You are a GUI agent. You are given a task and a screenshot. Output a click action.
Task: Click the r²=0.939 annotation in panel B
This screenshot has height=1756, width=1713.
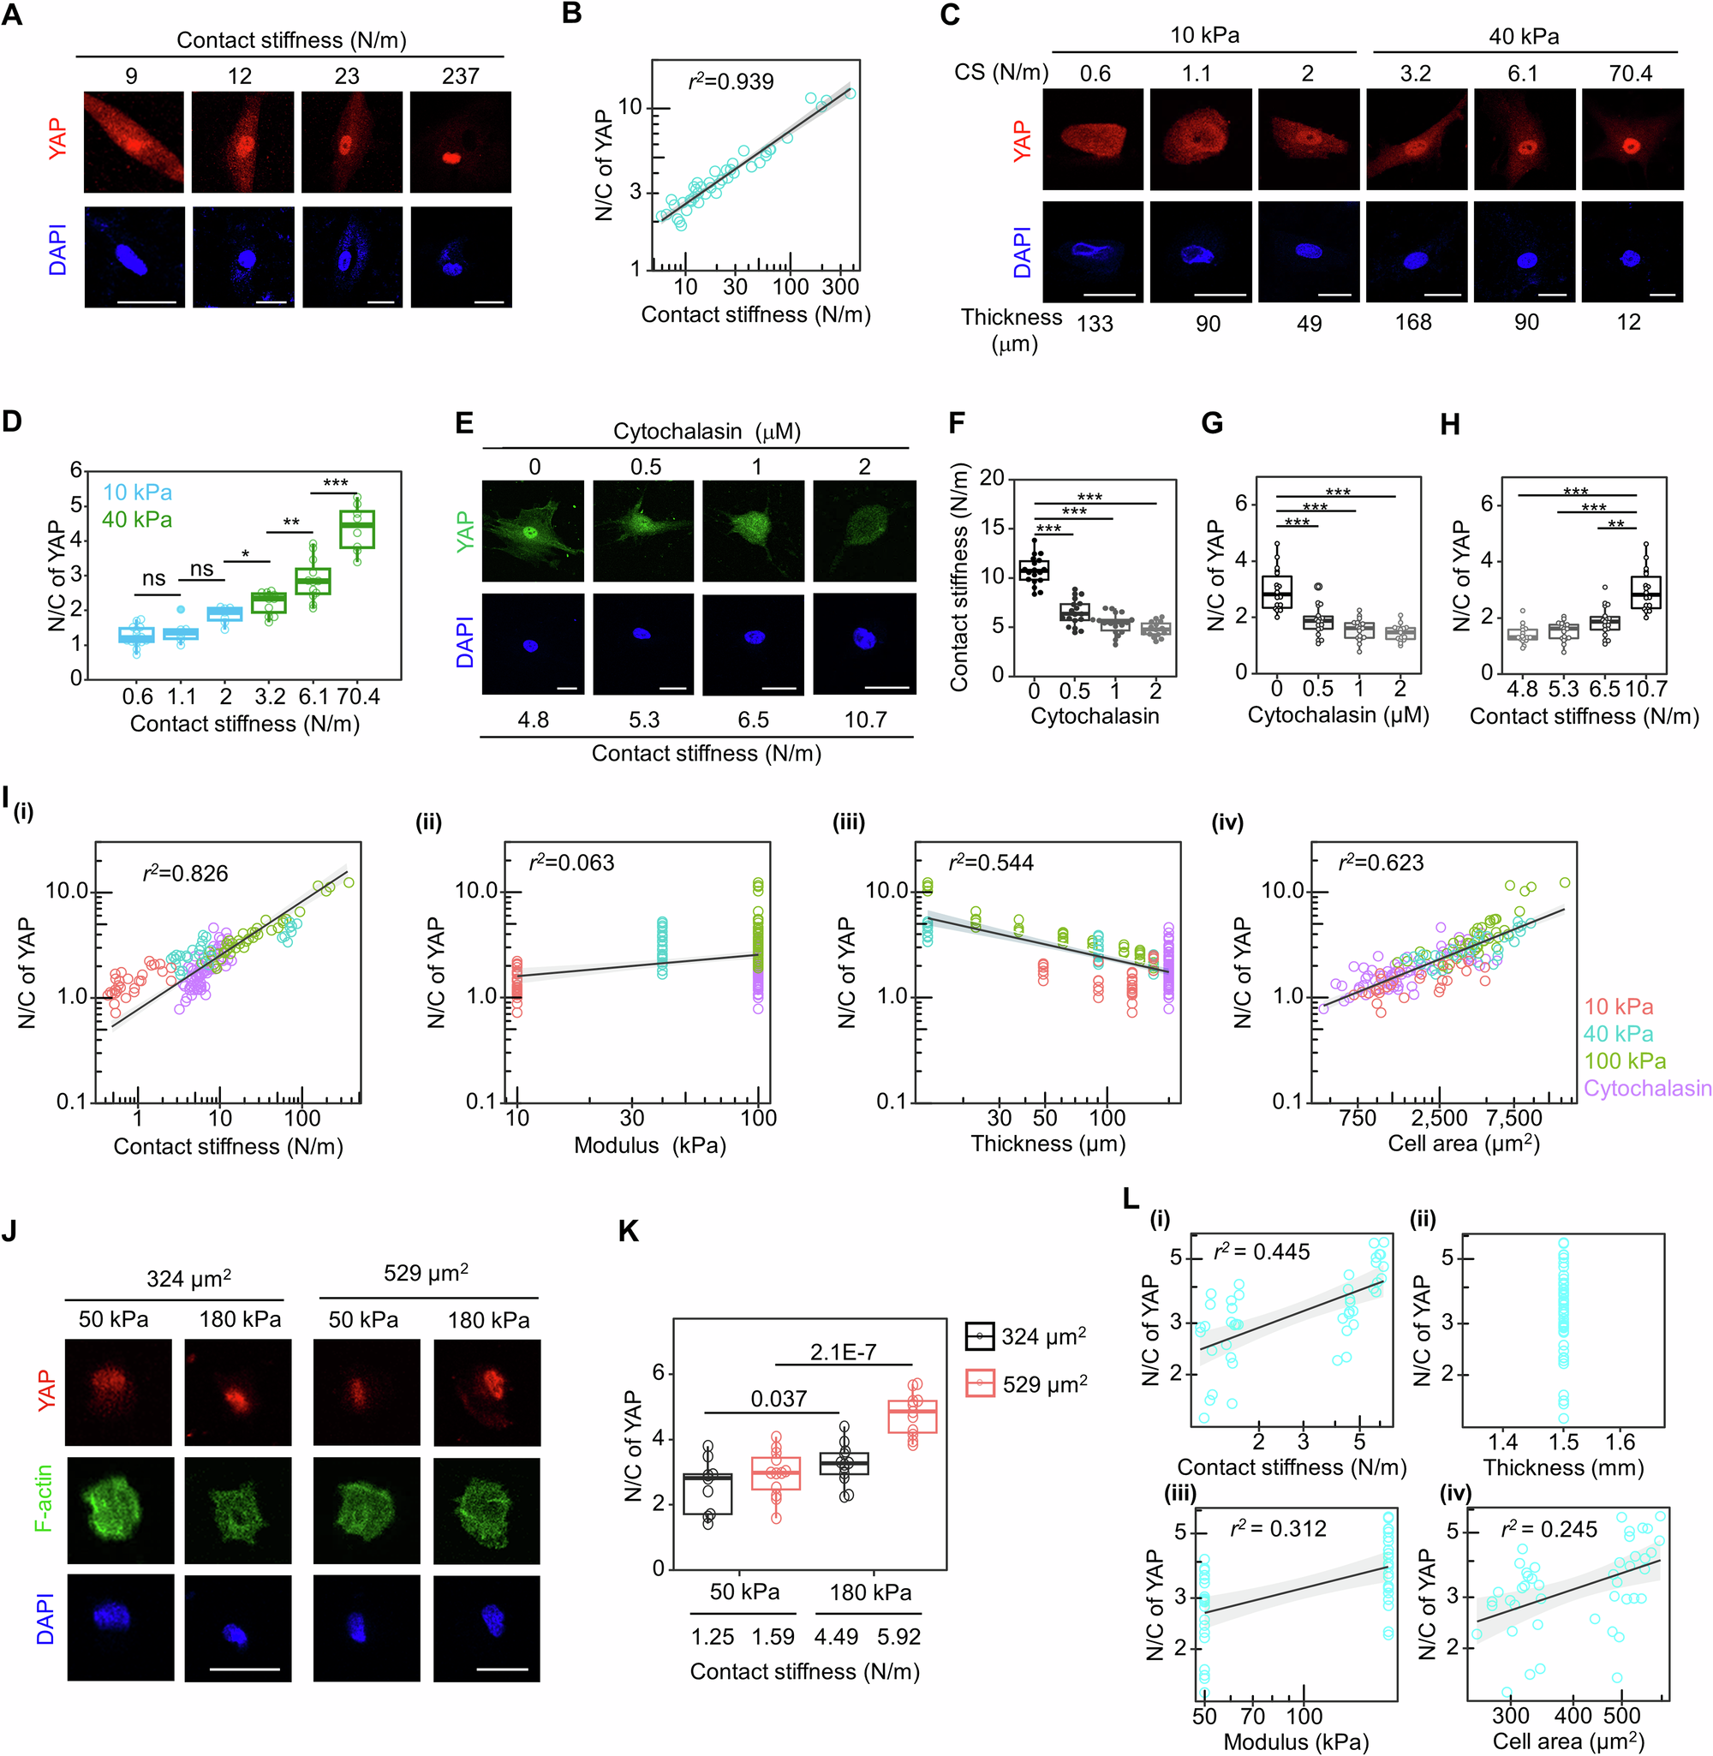(730, 82)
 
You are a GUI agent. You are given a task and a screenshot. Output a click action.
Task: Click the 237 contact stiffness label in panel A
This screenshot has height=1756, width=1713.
(460, 76)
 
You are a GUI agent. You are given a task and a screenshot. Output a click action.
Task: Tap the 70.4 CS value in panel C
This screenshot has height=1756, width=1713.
(1629, 74)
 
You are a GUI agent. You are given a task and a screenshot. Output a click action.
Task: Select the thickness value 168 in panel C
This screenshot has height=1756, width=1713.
(1412, 322)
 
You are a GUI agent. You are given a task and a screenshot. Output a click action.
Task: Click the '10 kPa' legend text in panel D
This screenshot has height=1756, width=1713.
(137, 492)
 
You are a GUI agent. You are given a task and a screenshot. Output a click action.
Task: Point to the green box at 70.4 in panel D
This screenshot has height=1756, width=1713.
(356, 529)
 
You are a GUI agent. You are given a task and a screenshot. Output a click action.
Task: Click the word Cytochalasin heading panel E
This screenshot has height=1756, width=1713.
(677, 432)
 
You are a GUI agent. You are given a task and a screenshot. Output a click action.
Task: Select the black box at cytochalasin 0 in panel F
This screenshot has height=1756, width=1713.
(1034, 570)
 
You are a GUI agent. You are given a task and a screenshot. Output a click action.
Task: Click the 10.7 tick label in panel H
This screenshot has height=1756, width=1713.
(1645, 689)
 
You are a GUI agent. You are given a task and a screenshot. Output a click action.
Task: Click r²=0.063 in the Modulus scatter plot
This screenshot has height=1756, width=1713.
(571, 863)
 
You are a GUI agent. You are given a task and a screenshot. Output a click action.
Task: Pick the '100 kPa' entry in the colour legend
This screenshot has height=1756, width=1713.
(1625, 1060)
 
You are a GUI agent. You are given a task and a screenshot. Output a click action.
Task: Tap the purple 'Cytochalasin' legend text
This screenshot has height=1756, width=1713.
(1646, 1089)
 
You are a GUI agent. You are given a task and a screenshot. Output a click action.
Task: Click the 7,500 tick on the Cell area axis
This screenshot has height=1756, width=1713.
(1514, 1118)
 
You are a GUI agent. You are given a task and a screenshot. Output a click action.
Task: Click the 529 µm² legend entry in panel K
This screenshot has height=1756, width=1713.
(1043, 1384)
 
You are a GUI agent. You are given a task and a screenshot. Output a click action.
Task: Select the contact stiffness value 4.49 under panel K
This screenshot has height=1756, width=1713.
(836, 1636)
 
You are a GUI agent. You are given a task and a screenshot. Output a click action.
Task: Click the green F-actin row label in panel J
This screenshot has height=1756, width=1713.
(43, 1498)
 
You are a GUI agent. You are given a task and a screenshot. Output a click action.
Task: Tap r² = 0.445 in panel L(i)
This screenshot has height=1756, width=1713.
(1262, 1252)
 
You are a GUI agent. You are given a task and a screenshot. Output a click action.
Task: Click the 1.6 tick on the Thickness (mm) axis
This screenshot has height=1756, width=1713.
(1620, 1442)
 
